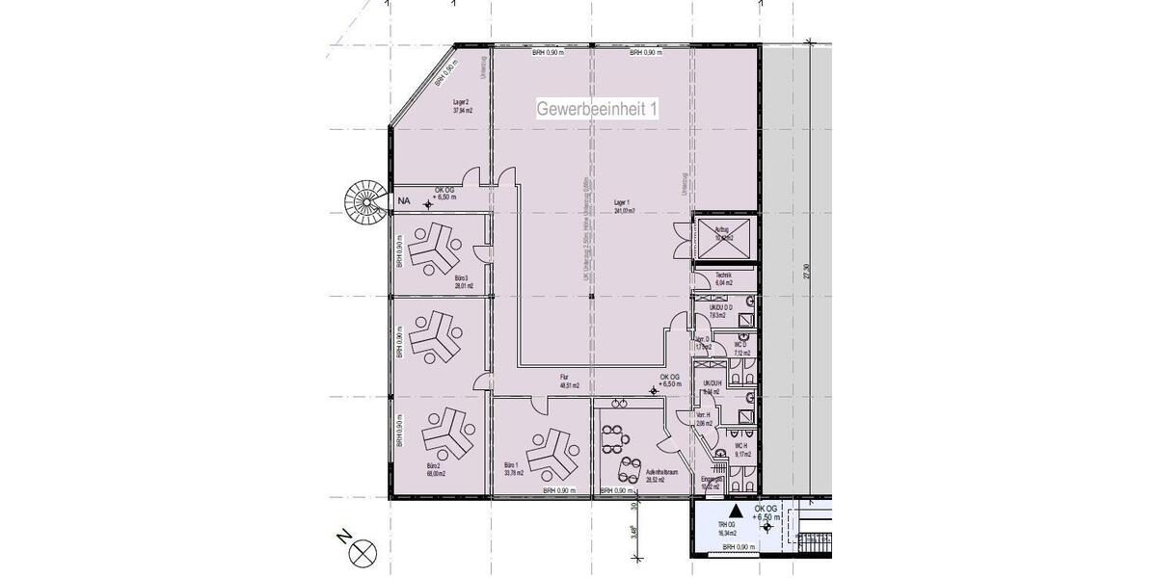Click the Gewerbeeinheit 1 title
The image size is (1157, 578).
click(x=598, y=110)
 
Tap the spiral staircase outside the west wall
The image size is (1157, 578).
click(x=366, y=201)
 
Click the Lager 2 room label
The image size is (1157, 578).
click(x=461, y=106)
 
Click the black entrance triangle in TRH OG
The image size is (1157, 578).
click(x=735, y=512)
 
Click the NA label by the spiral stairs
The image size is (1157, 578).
click(x=404, y=201)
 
